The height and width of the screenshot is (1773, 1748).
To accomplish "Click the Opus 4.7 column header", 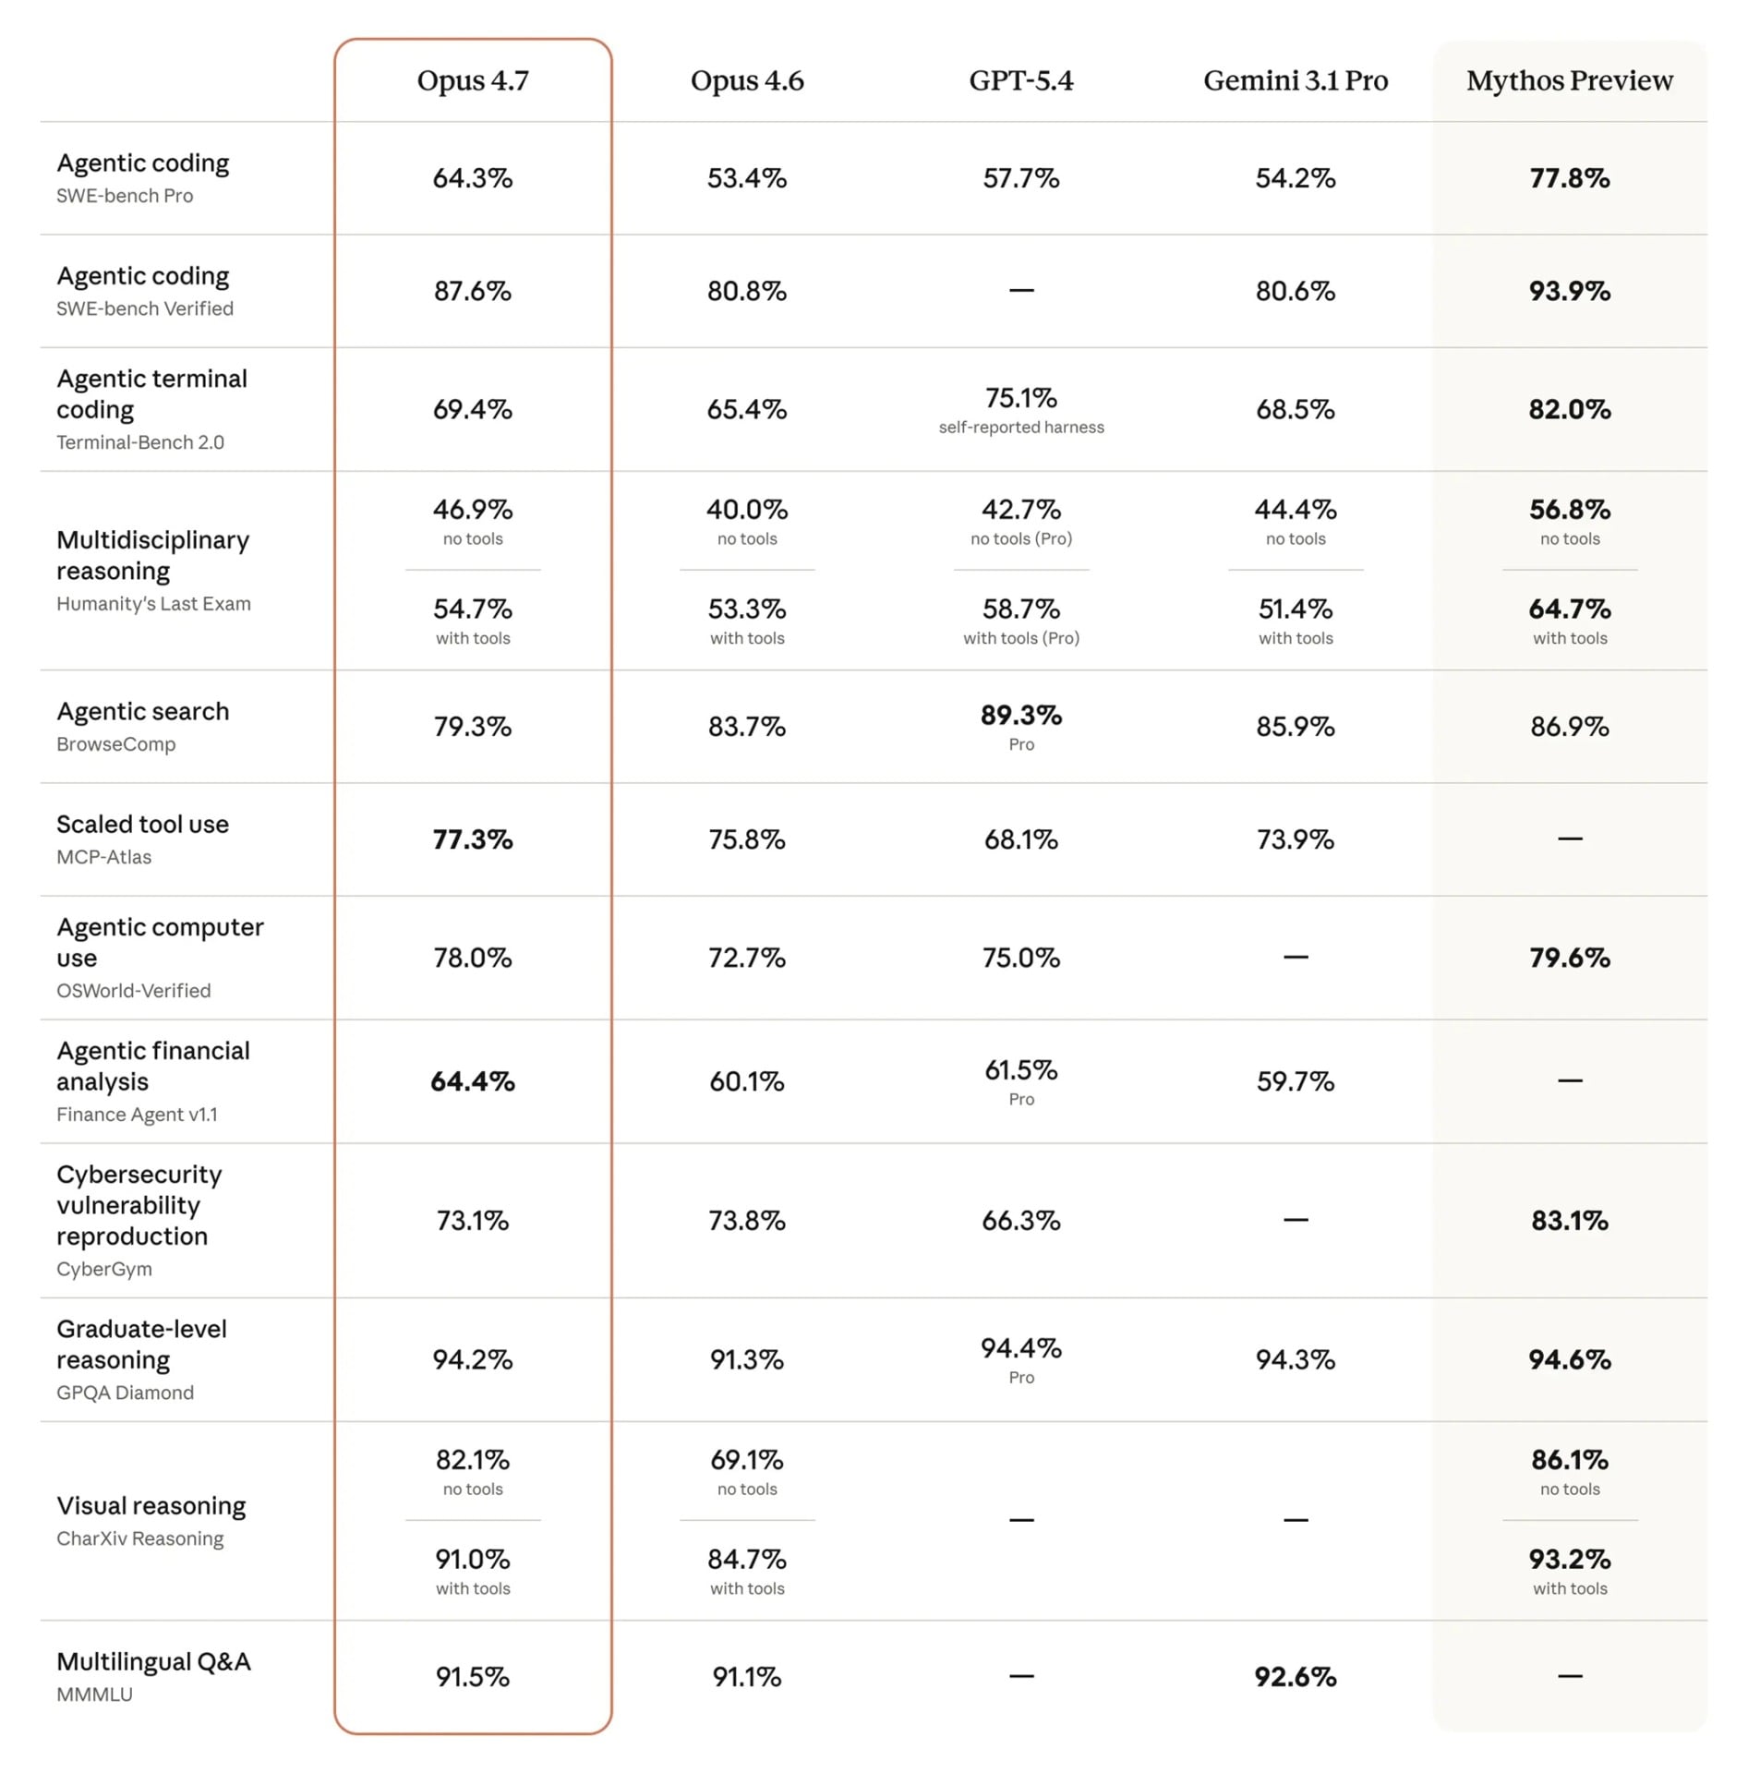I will pos(472,80).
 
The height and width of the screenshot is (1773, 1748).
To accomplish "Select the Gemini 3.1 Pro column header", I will pos(1295,80).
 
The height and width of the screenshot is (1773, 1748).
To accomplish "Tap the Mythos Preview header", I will pos(1569,80).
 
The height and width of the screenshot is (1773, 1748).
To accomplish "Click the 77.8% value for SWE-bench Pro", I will pos(1569,177).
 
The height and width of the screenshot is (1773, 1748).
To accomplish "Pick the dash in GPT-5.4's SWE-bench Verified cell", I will pos(1020,291).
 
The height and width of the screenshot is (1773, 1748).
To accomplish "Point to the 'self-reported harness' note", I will pos(1020,427).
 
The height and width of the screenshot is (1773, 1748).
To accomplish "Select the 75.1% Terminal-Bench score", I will pos(1020,398).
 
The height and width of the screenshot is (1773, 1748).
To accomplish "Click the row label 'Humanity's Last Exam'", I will pos(153,603).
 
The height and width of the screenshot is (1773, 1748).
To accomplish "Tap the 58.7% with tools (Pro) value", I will pos(1020,609).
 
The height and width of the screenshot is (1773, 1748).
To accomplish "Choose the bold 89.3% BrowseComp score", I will pos(1020,715).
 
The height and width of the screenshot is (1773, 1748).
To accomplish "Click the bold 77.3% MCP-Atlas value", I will pos(472,838).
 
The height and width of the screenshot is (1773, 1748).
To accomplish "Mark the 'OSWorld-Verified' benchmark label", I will pos(134,990).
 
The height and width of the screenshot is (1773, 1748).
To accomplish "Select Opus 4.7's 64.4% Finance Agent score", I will pos(472,1080).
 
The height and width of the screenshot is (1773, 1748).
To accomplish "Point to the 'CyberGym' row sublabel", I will pos(104,1268).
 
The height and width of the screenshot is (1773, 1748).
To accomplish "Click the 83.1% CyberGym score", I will pos(1569,1220).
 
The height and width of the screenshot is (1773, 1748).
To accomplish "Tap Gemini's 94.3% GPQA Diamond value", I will pos(1295,1358).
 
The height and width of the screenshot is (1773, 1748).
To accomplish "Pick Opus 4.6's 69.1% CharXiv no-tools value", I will pos(746,1459).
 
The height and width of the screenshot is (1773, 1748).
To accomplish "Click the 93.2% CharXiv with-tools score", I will pos(1569,1559).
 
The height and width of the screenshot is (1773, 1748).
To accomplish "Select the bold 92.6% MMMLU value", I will pos(1295,1676).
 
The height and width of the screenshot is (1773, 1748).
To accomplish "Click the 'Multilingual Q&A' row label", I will pos(153,1661).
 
